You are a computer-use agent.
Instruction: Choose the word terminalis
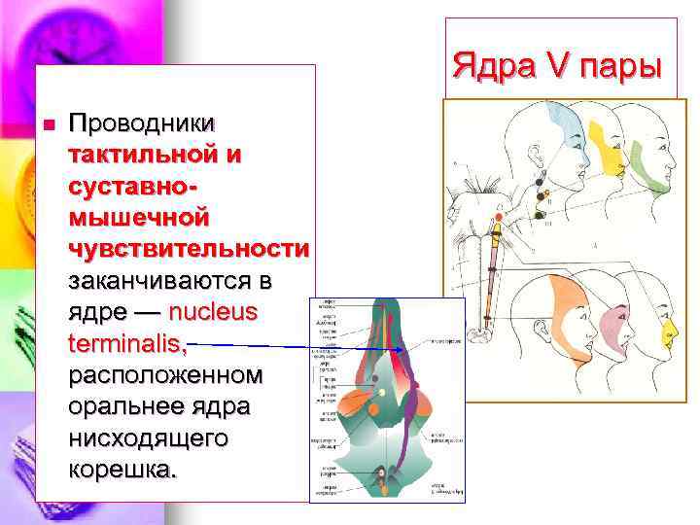tap(126, 343)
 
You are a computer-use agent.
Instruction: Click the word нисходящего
tap(149, 438)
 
